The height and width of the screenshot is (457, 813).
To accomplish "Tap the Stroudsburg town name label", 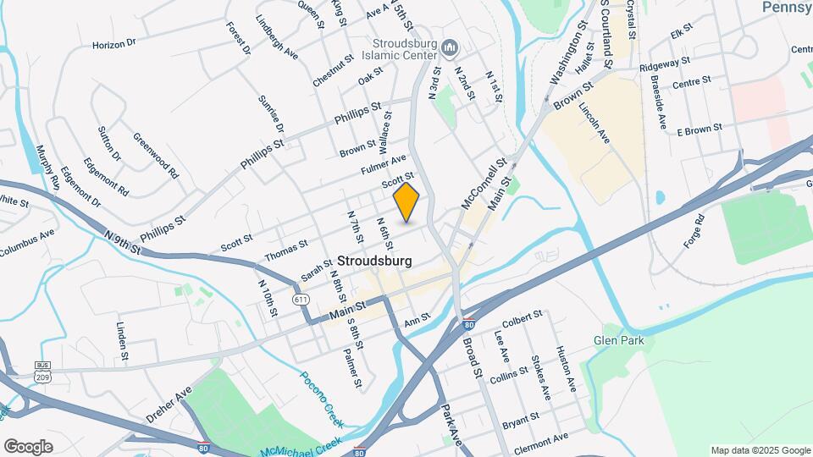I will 375,261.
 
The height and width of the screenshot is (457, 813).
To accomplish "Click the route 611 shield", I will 300,300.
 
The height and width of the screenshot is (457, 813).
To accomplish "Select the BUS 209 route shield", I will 42,369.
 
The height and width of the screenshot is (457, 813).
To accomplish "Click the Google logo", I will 29,446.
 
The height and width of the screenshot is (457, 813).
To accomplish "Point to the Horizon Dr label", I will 114,42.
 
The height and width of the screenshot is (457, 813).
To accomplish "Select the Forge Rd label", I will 694,231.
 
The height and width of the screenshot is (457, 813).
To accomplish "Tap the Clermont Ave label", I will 542,440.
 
